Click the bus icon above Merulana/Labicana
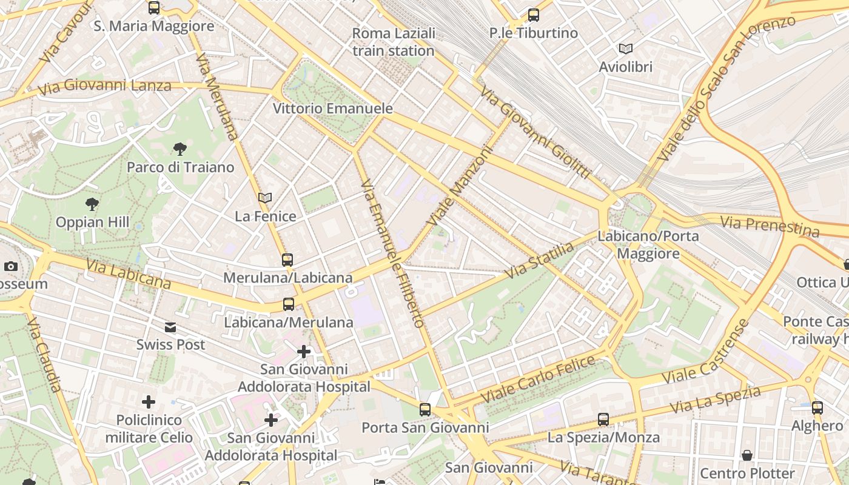[x=287, y=260]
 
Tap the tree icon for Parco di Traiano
[x=180, y=149]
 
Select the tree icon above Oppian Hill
[x=92, y=204]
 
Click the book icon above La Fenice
[x=265, y=198]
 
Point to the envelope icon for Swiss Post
[x=170, y=327]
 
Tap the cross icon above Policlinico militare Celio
[x=149, y=402]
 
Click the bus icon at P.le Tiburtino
[x=534, y=15]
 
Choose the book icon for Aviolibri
[x=626, y=48]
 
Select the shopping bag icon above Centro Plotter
[x=747, y=455]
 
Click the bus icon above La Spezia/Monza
[x=603, y=419]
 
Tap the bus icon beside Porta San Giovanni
[x=425, y=410]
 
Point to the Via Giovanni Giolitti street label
[x=535, y=133]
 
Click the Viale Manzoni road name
[x=460, y=187]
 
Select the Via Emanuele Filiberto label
[x=392, y=253]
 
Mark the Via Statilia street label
[x=539, y=261]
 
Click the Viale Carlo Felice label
[x=539, y=380]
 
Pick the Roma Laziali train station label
[x=394, y=42]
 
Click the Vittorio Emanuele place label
[x=333, y=109]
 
